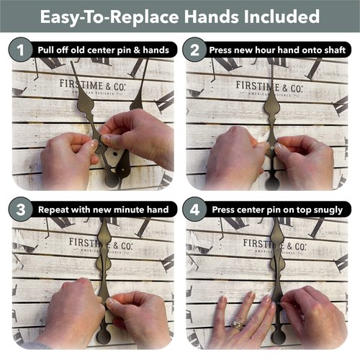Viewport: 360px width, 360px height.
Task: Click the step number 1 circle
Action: pos(20,50)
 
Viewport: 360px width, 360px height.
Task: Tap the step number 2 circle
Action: pos(194,50)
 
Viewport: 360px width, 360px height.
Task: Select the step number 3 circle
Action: pos(20,210)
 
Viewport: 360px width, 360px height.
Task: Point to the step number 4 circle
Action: pos(194,210)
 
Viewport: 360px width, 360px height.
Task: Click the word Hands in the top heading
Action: pos(212,17)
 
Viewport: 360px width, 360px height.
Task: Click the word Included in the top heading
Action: pos(282,17)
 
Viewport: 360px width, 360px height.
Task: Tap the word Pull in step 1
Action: pos(45,50)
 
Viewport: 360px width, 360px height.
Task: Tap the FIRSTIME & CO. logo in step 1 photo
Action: pos(92,86)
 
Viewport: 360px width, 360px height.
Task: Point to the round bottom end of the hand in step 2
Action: pos(272,184)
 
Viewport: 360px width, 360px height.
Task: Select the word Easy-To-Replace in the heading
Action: pos(109,17)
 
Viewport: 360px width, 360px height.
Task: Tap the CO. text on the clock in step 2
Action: pos(297,89)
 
